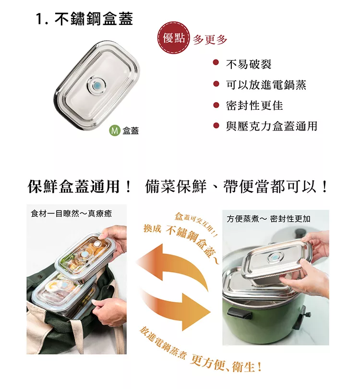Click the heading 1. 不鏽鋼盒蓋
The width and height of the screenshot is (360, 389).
pos(84,19)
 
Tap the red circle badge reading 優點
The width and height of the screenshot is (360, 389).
pos(174,38)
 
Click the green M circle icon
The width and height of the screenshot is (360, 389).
pos(115,130)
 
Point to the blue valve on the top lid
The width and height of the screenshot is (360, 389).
pos(96,86)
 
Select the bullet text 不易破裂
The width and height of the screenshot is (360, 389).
pos(249,64)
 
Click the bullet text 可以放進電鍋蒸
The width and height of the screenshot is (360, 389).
pos(266,85)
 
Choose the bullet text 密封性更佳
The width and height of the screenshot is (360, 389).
pos(254,106)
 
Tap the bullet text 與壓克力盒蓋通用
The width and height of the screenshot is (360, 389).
pos(272,126)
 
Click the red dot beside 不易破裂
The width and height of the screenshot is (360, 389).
pos(216,62)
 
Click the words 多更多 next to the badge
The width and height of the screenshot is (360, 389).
pos(210,39)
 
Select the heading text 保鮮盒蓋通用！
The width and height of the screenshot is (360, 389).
pos(80,187)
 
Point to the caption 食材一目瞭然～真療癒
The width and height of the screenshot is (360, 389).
pos(71,213)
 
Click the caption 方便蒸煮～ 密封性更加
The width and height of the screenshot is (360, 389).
pos(268,219)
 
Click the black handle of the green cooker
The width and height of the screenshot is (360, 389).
pos(240,313)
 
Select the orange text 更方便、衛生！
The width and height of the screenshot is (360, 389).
pos(226,365)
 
